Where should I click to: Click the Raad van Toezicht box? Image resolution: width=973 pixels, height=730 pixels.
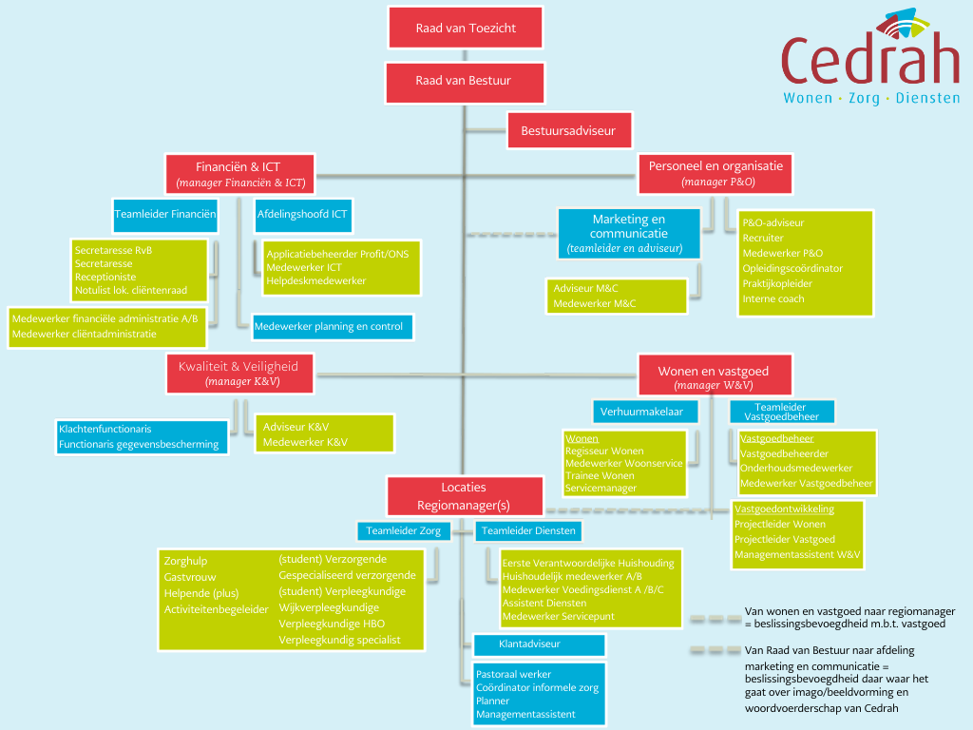click(466, 28)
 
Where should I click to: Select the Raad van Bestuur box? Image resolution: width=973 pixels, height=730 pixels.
click(466, 82)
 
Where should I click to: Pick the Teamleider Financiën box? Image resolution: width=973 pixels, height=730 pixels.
click(165, 215)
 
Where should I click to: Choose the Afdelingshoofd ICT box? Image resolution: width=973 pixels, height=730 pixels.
click(302, 215)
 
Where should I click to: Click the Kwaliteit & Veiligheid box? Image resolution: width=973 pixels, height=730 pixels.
click(238, 373)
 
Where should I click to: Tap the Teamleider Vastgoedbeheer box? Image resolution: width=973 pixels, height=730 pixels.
click(781, 412)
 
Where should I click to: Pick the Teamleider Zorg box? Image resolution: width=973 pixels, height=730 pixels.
click(403, 530)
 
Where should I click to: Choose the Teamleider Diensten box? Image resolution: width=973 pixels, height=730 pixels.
click(527, 530)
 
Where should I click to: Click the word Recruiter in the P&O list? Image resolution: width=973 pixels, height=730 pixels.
click(763, 238)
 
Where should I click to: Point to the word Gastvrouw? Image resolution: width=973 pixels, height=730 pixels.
click(190, 577)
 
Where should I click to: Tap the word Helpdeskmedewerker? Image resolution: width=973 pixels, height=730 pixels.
click(316, 280)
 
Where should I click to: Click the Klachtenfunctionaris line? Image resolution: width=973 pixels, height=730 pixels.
click(105, 429)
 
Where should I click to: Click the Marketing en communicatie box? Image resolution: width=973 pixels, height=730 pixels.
click(628, 233)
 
